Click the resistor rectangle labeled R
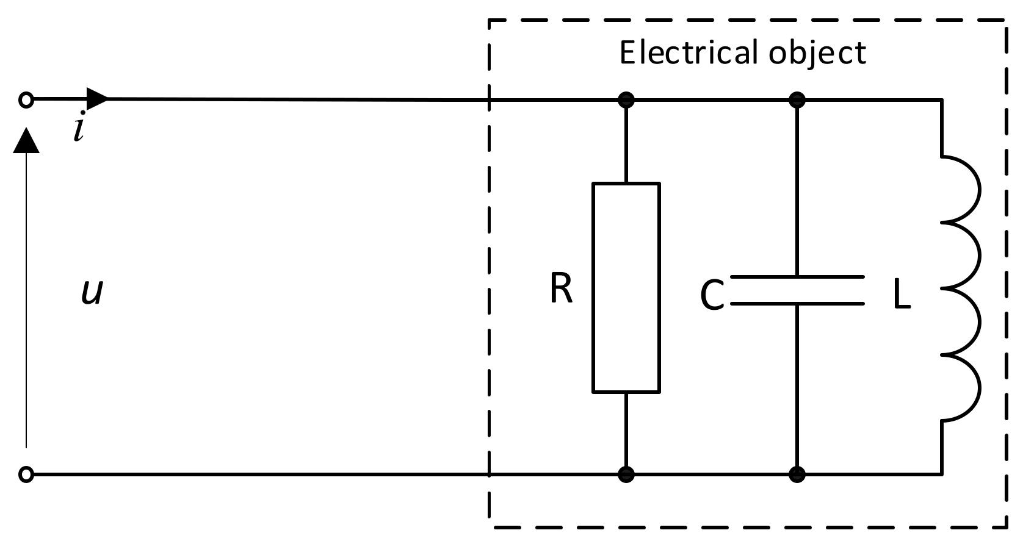[626, 287]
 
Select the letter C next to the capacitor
[712, 296]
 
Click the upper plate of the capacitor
[797, 278]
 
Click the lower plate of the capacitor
[797, 302]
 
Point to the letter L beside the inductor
[902, 296]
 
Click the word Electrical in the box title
[689, 52]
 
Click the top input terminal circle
[26, 99]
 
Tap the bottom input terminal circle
[26, 474]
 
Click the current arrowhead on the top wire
[97, 98]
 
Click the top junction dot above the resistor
[626, 99]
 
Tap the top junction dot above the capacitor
[797, 99]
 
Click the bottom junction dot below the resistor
[626, 474]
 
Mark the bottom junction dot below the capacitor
[797, 474]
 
